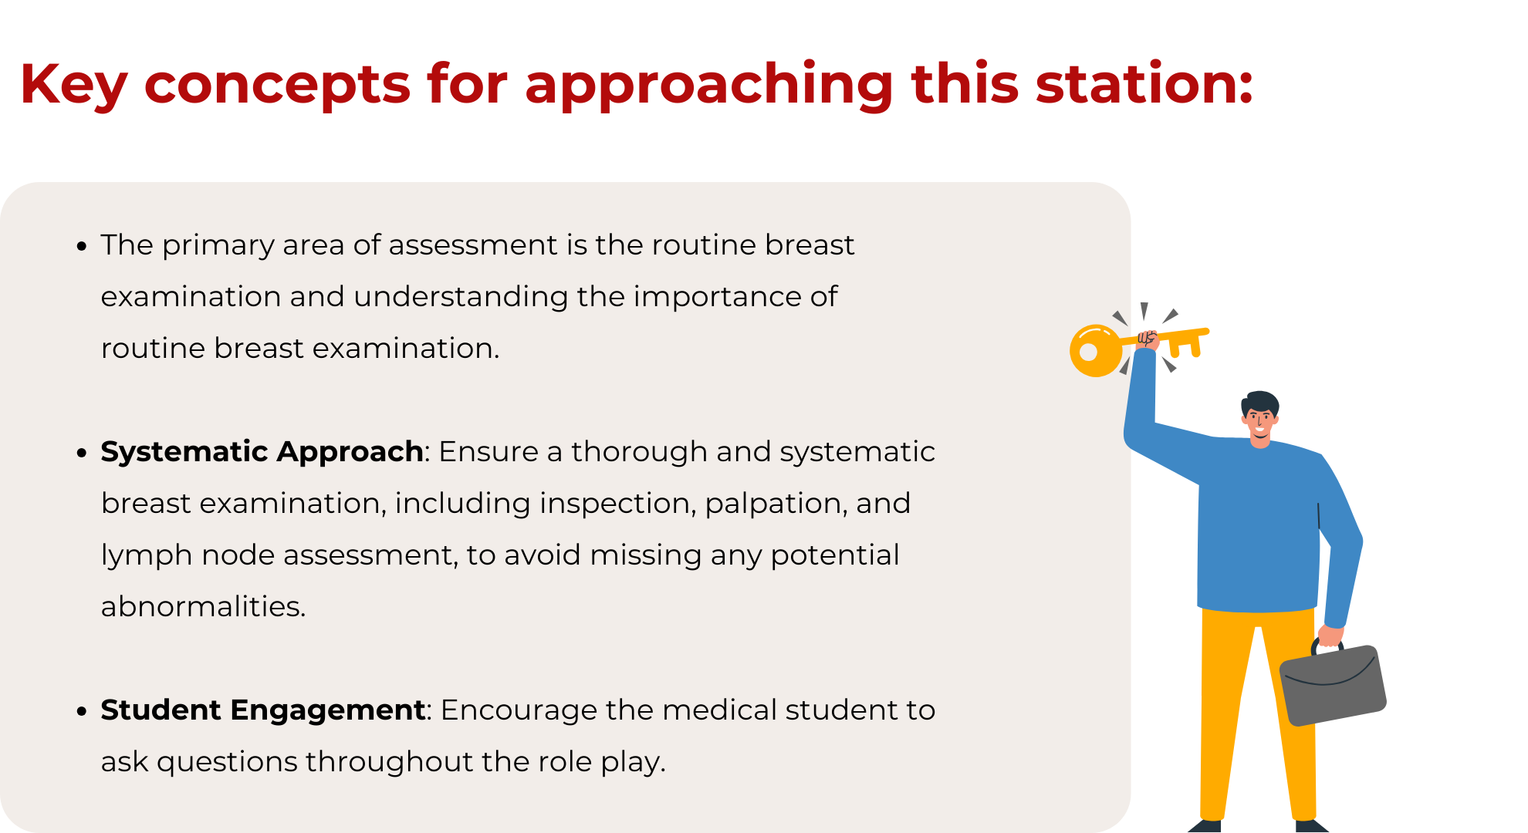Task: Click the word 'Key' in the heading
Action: (73, 86)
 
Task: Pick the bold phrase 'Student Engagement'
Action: (262, 710)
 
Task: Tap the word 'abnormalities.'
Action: (204, 606)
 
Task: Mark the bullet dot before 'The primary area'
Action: (82, 247)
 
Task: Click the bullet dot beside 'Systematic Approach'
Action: (82, 454)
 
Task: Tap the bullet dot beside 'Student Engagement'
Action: (82, 712)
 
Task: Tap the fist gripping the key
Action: (1148, 340)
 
